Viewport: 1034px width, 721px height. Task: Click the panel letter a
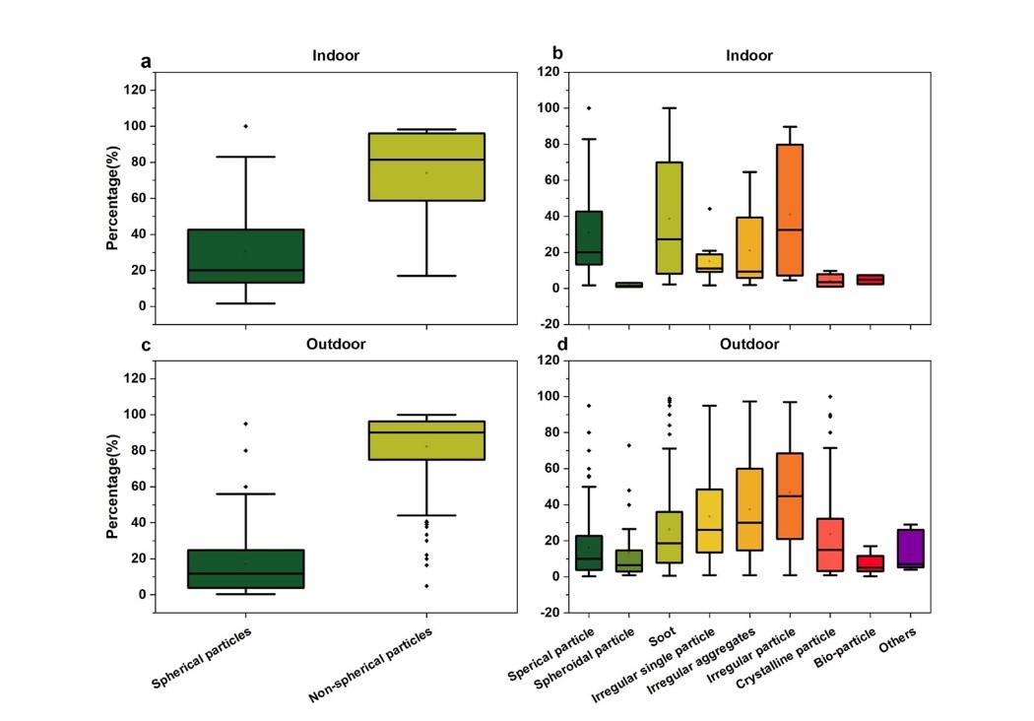tap(146, 62)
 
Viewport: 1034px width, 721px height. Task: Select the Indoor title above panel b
tap(749, 55)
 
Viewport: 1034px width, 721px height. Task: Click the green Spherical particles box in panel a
tap(245, 256)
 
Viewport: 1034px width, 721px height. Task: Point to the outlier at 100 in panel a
tap(245, 126)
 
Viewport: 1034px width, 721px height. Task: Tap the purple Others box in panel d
tap(911, 549)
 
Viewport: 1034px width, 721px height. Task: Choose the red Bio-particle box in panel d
tap(871, 563)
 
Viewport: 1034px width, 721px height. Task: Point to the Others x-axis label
tap(904, 645)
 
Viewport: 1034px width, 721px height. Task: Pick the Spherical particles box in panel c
tap(245, 568)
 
